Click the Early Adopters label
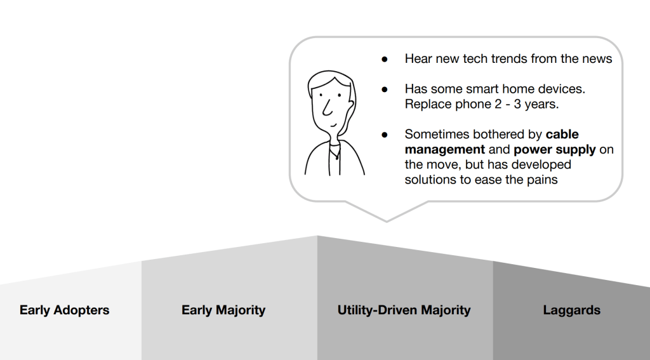[x=64, y=310]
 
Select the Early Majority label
[x=223, y=310]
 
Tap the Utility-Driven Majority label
[x=404, y=310]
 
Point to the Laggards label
[x=572, y=310]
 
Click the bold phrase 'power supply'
[x=555, y=150]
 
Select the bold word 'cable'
[x=562, y=135]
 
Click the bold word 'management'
[x=445, y=150]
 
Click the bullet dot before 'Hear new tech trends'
[x=385, y=60]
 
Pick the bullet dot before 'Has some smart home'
[x=385, y=90]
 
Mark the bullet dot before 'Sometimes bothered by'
[x=385, y=135]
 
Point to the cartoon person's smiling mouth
[x=333, y=124]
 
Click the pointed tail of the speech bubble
[x=387, y=221]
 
